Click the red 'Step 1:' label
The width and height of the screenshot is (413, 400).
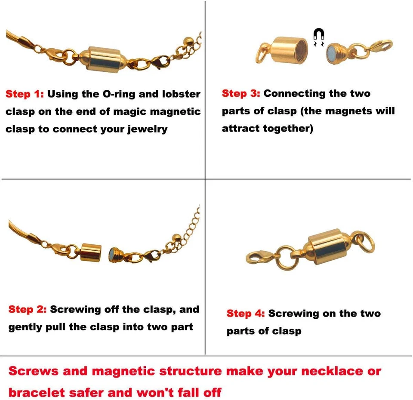[x=25, y=94]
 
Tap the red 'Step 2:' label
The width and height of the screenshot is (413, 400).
[x=27, y=309]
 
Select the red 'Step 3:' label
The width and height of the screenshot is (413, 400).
[x=241, y=93]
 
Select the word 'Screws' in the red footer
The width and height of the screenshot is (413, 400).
[x=33, y=371]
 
